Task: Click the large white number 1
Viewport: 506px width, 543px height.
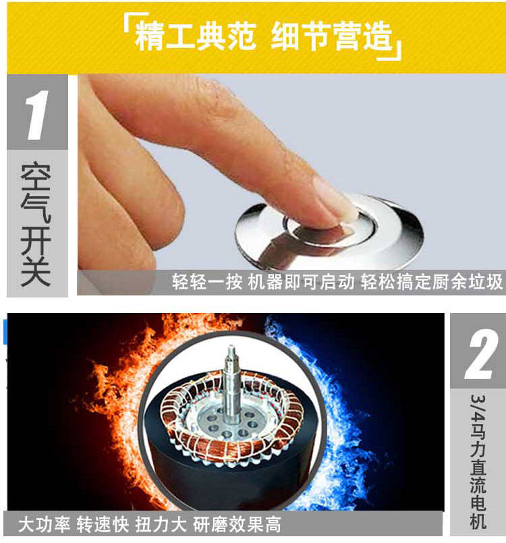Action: (x=37, y=115)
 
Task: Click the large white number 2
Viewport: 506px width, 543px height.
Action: (x=480, y=354)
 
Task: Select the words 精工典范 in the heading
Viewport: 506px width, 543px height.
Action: (x=195, y=36)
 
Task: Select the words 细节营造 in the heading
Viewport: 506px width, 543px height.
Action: (x=331, y=36)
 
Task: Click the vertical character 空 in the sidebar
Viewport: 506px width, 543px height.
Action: (x=36, y=177)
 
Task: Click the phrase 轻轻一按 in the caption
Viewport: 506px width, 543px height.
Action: (x=207, y=281)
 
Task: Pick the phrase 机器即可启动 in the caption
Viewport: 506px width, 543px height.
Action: (x=302, y=281)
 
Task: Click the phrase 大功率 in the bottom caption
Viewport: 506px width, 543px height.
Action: (x=44, y=524)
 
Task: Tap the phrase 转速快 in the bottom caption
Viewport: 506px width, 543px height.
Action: (x=103, y=524)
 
